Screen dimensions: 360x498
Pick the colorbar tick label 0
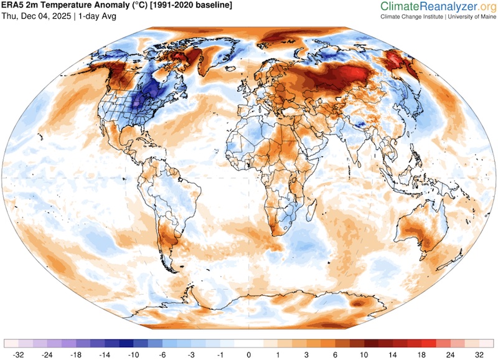249,354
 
